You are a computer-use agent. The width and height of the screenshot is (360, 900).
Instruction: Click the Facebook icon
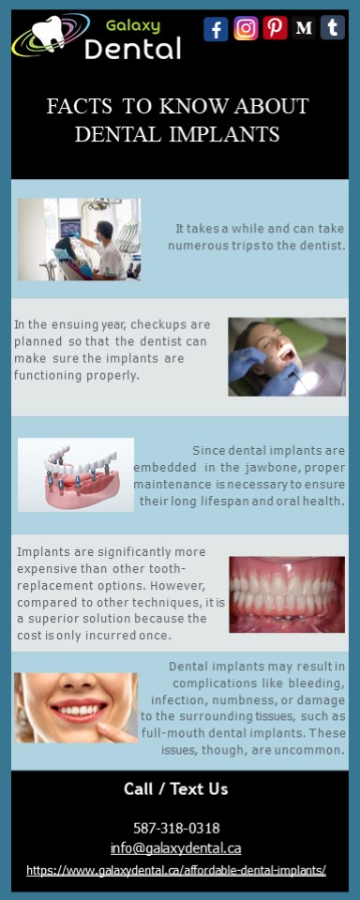coord(216,29)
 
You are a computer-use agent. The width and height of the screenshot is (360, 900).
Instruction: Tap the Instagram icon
coord(246,29)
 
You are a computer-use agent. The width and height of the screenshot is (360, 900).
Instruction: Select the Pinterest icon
coord(275,28)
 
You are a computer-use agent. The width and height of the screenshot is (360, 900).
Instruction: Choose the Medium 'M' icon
coord(304,29)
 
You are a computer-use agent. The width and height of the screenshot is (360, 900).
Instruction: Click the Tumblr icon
coord(333,28)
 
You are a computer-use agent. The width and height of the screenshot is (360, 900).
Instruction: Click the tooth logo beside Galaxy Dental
coord(47,36)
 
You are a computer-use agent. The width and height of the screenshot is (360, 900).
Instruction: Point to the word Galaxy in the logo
coord(132,25)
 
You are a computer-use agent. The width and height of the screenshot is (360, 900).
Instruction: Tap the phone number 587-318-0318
coord(177,828)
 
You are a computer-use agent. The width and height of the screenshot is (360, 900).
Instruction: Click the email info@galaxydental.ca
coord(175,848)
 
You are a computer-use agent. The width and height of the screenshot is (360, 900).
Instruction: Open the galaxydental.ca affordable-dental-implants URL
coord(176,871)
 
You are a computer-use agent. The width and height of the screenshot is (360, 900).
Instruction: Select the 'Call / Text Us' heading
coord(175,788)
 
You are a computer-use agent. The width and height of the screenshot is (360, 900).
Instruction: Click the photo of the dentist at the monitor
coord(79,239)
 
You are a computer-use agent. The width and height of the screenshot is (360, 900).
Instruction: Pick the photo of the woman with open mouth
coord(287,356)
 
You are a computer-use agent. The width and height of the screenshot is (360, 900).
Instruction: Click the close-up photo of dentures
coord(287,593)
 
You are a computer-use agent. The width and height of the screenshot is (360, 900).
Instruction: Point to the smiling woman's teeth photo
coord(75,708)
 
